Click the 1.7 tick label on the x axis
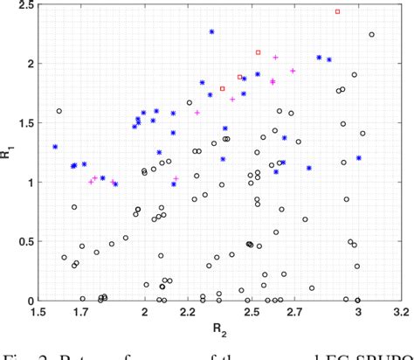tap(80, 313)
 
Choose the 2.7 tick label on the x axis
tap(293, 313)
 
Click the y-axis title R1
tap(9, 154)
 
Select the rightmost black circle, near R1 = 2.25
tap(372, 35)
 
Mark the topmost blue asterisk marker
tap(211, 32)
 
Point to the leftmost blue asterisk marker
tap(55, 147)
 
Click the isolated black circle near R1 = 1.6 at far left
tap(59, 111)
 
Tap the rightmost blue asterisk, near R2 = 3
tap(359, 158)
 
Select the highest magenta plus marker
tap(275, 58)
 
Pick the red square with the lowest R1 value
tap(223, 88)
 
